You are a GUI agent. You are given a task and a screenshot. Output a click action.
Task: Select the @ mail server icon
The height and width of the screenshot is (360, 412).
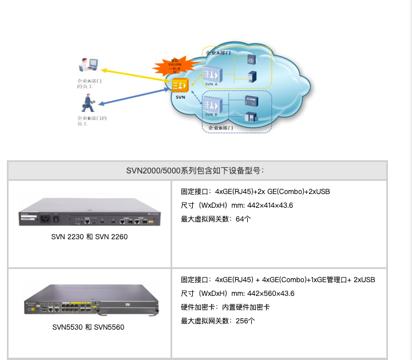coord(251,59)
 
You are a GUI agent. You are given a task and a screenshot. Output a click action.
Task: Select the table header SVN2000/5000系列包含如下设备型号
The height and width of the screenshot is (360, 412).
coord(197,171)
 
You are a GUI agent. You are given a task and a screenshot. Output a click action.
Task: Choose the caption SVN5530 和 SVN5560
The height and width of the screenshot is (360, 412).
coord(89,327)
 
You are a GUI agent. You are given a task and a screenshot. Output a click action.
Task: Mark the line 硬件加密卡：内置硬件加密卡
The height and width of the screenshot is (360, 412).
coord(225,307)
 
